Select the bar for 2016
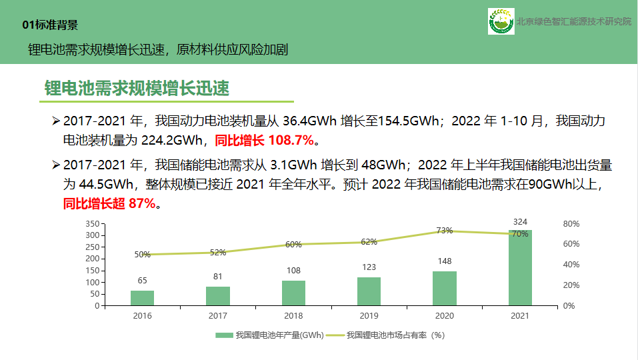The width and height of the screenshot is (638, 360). (x=142, y=298)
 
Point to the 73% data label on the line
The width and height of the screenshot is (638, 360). (x=445, y=231)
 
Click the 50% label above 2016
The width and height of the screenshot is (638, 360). (x=142, y=255)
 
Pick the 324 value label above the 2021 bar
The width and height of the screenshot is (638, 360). (x=520, y=221)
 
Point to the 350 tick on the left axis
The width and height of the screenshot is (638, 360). (x=92, y=224)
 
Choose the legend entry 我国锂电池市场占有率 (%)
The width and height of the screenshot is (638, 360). (x=395, y=335)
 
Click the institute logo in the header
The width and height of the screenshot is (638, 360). (x=500, y=21)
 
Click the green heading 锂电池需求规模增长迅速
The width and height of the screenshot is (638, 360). (x=137, y=89)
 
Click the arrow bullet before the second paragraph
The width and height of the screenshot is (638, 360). (x=56, y=165)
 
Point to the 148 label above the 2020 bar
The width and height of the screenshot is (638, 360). (x=445, y=261)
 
